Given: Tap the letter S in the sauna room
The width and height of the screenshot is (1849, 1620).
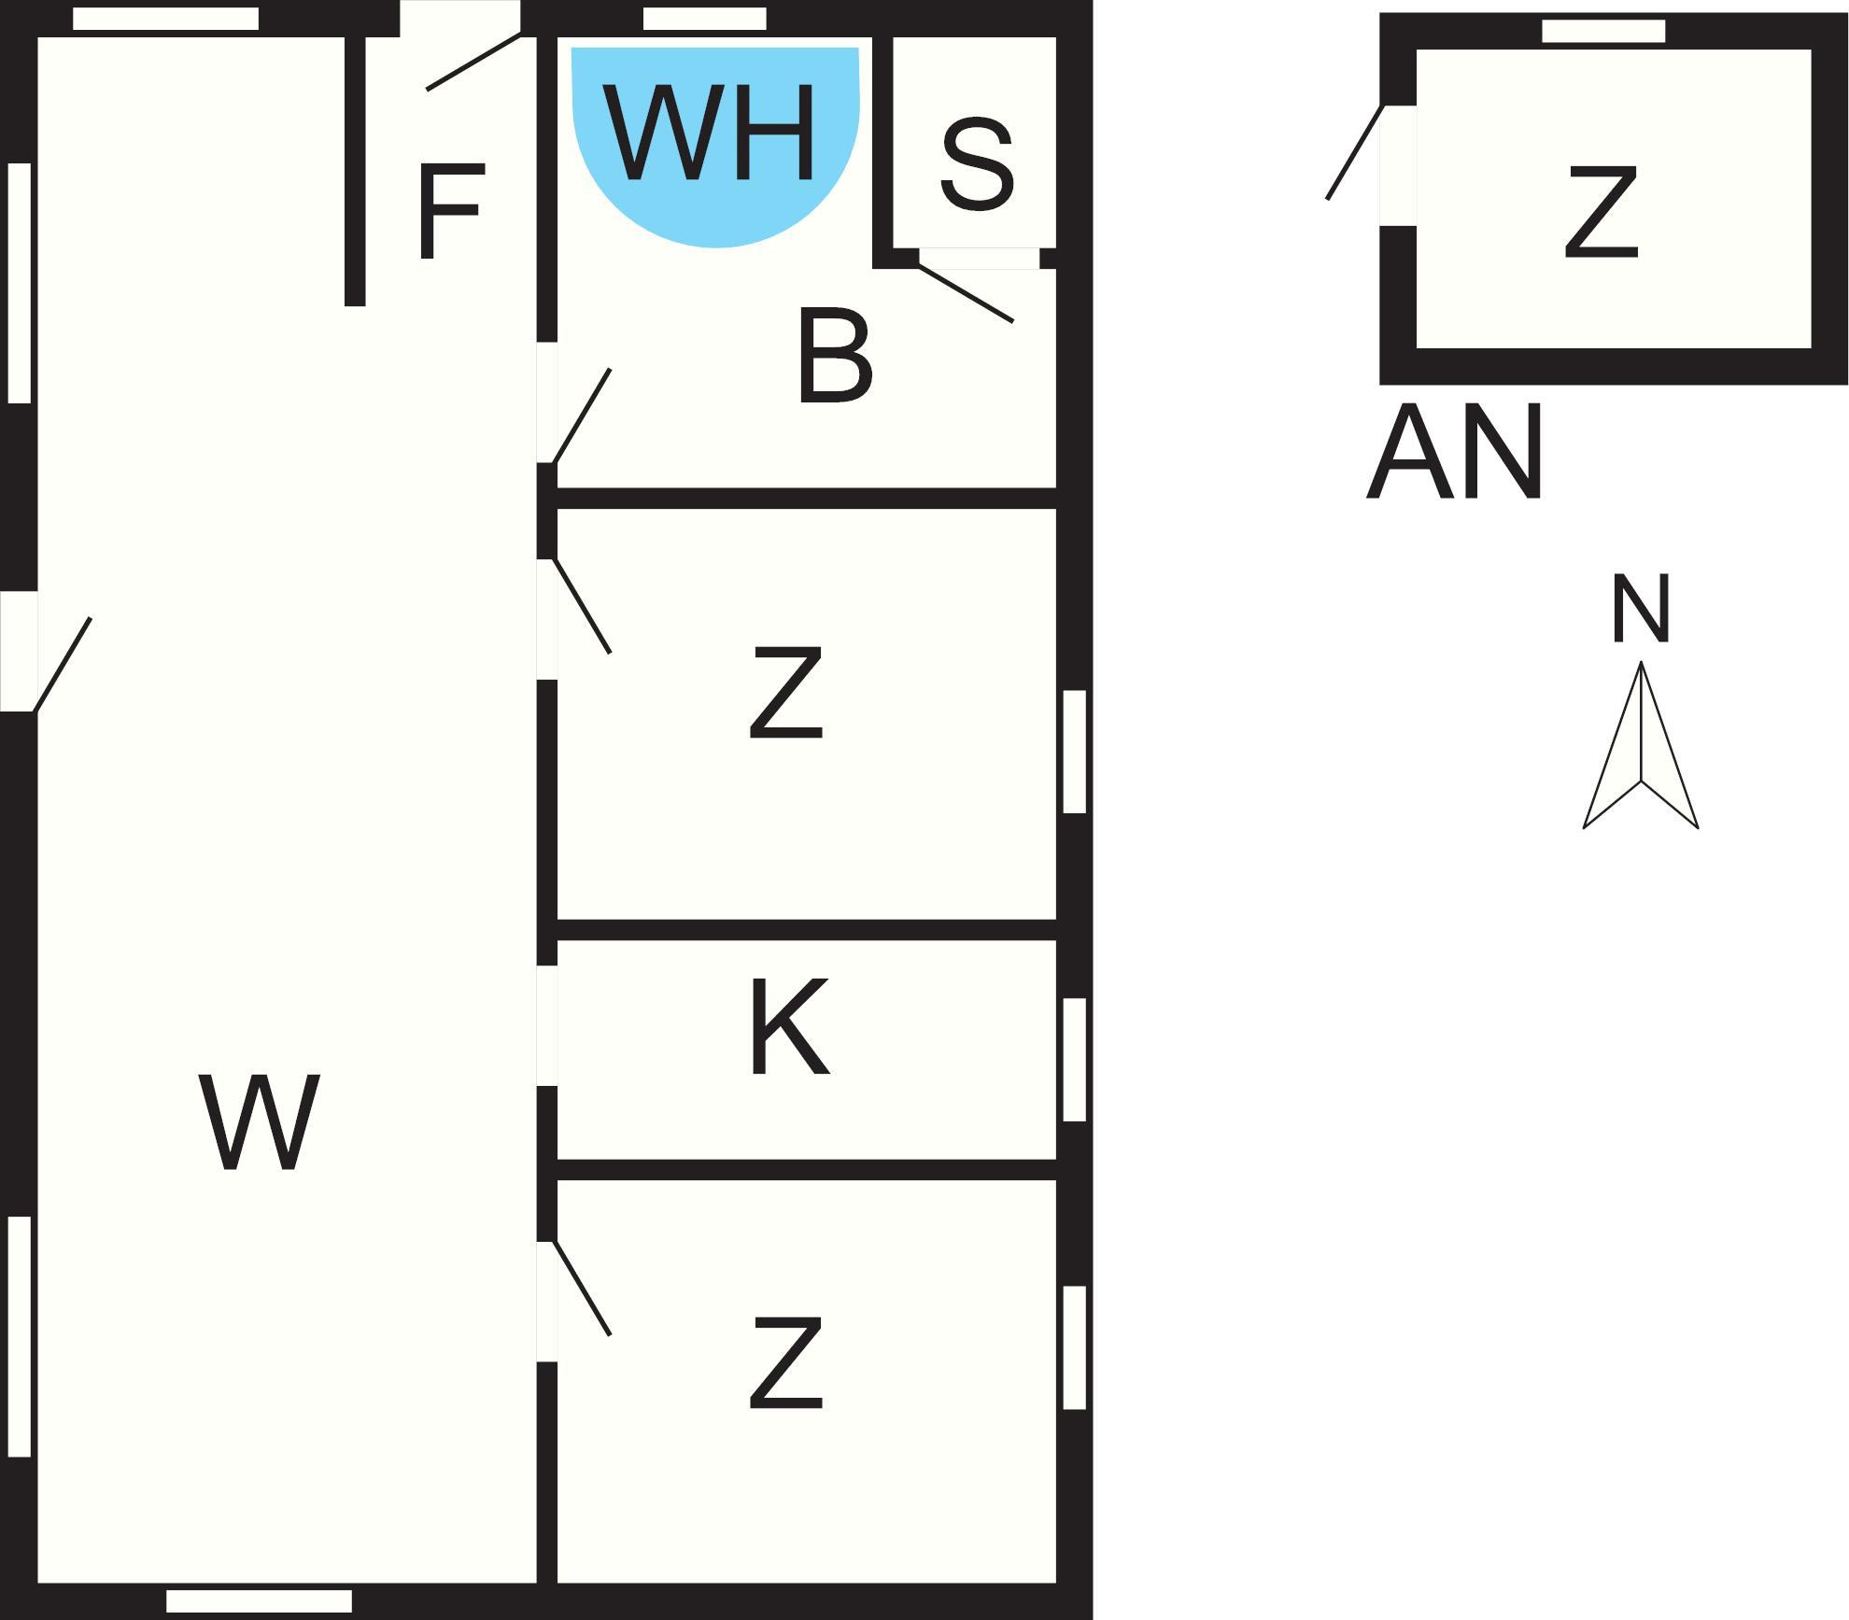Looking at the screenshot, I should [x=977, y=164].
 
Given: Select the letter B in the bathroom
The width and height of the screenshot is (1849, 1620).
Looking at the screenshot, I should [x=835, y=357].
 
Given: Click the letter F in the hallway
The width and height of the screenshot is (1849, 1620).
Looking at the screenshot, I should [x=451, y=211].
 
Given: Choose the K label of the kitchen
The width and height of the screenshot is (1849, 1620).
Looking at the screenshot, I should [x=789, y=1027].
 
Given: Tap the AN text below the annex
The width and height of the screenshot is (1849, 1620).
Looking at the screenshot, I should [x=1454, y=453].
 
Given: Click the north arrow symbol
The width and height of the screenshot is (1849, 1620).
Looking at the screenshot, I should [x=1641, y=747].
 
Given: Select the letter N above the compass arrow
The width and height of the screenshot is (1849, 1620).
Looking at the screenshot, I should [x=1641, y=610].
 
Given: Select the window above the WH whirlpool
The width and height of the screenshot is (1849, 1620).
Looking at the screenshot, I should [x=705, y=19].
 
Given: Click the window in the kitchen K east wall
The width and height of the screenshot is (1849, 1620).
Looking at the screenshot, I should [x=1075, y=1060].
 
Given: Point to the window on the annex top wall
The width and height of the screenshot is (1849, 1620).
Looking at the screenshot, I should [x=1603, y=31].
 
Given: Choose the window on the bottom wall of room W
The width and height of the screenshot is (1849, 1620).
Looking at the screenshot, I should [x=259, y=1601].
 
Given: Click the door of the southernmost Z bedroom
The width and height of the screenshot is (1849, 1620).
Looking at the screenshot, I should [x=577, y=1293].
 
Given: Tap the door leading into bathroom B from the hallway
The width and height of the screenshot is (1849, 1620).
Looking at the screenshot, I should [x=577, y=411].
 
